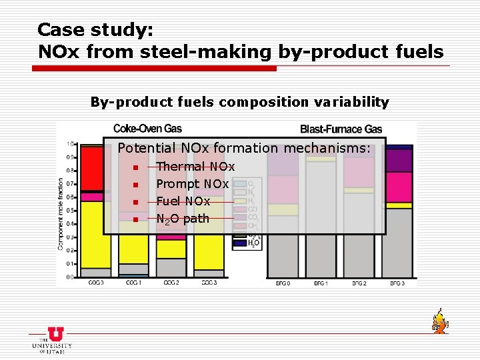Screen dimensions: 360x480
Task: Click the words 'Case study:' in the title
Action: point(95,30)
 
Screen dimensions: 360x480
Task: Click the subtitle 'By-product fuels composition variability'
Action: point(239,102)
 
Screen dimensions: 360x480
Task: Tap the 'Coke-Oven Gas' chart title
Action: point(147,129)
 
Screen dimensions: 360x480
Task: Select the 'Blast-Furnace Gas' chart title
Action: point(341,129)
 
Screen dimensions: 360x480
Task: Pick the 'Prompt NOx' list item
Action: point(192,184)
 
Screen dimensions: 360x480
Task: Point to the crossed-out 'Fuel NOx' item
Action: point(183,201)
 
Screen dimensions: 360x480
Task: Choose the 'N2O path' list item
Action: point(183,219)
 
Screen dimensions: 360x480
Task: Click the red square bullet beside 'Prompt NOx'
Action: point(135,185)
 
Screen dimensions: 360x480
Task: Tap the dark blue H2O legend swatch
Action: point(239,244)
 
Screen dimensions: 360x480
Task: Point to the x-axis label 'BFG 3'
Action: point(397,283)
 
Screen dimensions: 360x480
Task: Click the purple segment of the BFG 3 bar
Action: point(398,161)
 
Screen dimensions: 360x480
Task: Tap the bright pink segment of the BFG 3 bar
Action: point(398,187)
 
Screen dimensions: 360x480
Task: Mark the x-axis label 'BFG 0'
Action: point(283,283)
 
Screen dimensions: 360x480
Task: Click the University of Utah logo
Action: point(51,341)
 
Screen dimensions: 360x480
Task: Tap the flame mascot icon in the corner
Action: point(439,321)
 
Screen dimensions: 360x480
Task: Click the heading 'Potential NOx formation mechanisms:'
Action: point(244,149)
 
